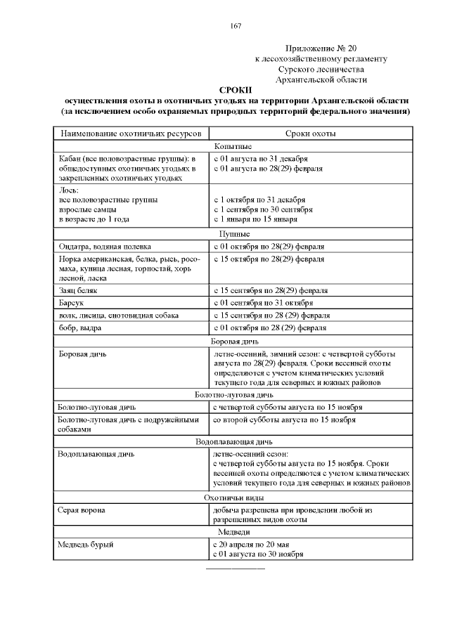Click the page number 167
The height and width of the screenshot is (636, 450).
click(236, 26)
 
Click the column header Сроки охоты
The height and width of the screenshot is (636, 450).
click(310, 134)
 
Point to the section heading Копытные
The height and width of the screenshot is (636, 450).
click(236, 146)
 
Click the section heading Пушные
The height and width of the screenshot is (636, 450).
click(236, 234)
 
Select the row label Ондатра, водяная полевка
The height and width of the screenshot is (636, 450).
click(104, 247)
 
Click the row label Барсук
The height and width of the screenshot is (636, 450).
click(71, 302)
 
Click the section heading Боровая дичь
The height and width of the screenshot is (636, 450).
click(236, 341)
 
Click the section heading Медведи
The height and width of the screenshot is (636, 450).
click(236, 532)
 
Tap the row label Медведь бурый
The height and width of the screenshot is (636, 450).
click(86, 545)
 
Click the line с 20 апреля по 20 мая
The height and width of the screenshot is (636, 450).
click(251, 545)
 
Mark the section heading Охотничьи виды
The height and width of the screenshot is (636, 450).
click(236, 497)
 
